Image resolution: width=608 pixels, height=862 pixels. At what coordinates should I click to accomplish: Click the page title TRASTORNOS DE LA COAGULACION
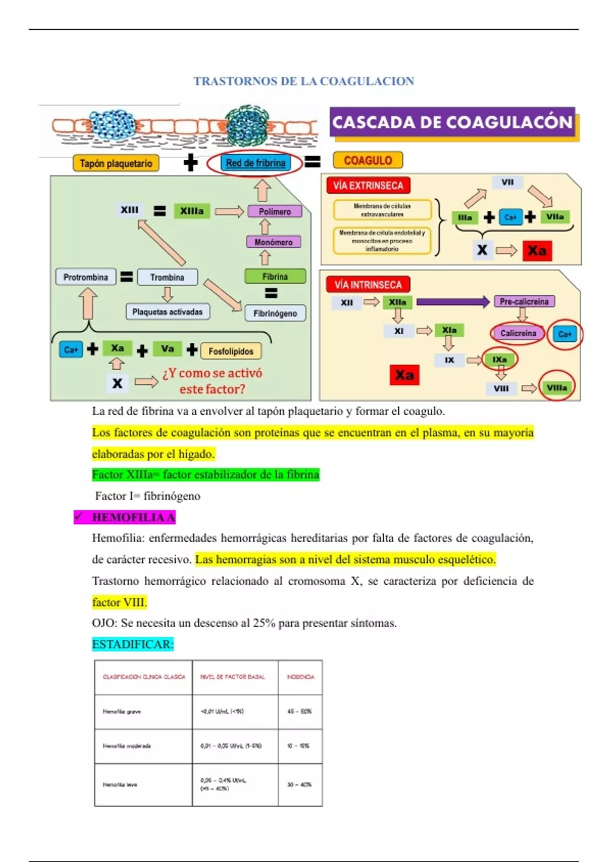(303, 81)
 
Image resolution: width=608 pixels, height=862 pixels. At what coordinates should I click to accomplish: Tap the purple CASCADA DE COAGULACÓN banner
(452, 122)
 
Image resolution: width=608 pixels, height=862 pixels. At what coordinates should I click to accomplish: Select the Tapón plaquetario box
(116, 163)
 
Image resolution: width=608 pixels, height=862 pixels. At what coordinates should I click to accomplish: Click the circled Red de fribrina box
(255, 163)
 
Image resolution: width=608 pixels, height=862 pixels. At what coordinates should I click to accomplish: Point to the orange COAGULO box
(368, 160)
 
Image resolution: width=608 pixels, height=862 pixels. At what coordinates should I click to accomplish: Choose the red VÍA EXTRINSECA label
(368, 186)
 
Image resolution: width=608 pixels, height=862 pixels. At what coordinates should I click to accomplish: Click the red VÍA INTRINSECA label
(368, 284)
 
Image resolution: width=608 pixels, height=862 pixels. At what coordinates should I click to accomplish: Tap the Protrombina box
(86, 277)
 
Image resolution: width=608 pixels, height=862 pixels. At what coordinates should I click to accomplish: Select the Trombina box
(167, 277)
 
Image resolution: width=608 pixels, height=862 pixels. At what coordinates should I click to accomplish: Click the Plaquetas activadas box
(167, 312)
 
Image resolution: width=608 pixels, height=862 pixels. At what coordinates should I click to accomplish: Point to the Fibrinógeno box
(275, 313)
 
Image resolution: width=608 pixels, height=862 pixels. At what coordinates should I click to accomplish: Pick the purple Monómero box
(274, 242)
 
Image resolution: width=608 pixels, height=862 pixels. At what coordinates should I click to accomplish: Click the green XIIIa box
(192, 211)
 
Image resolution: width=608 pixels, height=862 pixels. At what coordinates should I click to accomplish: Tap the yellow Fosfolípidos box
(231, 351)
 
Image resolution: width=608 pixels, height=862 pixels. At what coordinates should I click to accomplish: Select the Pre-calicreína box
(524, 302)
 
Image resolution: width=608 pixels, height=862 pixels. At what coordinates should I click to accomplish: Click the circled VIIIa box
(556, 388)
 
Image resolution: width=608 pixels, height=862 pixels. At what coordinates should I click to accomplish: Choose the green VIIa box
(555, 217)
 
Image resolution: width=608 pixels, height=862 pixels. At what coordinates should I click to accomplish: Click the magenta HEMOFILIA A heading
(133, 517)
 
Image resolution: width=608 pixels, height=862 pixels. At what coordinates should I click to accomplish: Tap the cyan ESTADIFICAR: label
(133, 644)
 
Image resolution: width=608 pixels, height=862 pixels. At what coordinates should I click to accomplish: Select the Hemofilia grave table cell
(143, 711)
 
